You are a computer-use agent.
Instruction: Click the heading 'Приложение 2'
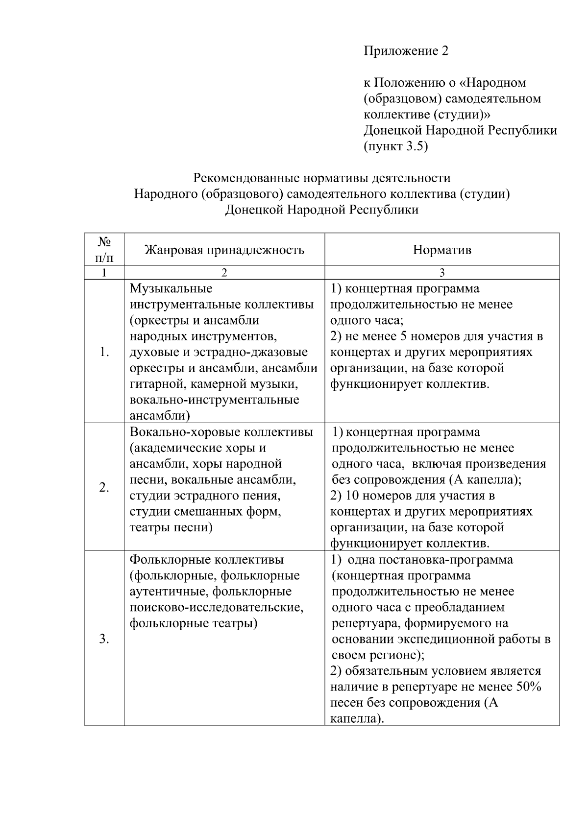coord(406,51)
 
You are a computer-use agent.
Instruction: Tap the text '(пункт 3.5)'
coord(395,146)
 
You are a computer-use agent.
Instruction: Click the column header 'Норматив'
coord(441,250)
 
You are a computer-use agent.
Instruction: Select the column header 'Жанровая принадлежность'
coord(224,250)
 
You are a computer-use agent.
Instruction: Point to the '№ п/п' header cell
coord(104,249)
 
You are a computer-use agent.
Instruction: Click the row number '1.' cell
coord(104,352)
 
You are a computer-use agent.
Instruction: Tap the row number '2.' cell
coord(104,487)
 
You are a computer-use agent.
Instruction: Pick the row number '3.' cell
coord(104,639)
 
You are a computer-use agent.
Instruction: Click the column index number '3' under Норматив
coord(441,273)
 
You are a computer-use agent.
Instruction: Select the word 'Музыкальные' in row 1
coord(171,288)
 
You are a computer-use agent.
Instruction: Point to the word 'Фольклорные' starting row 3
coord(170,559)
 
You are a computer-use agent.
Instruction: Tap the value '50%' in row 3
coord(528,687)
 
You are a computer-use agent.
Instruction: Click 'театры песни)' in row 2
coord(171,527)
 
